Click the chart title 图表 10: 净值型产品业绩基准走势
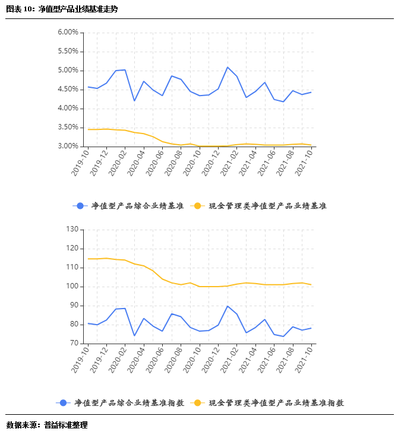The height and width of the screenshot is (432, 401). (x=62, y=9)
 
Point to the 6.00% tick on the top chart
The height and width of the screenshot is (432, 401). (x=68, y=33)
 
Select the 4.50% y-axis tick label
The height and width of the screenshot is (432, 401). (x=68, y=90)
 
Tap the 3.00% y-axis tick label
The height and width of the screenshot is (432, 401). (x=68, y=147)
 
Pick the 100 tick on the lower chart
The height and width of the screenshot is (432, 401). (x=72, y=287)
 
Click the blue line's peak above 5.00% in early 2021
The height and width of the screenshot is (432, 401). (x=228, y=67)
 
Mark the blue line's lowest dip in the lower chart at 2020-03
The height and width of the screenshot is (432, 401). (x=134, y=336)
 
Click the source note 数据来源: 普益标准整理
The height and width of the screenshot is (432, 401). (x=47, y=424)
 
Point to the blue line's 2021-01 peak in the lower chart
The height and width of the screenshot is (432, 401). (x=228, y=306)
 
